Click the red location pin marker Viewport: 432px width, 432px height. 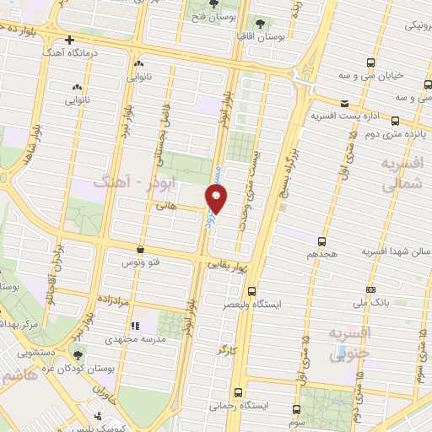click(x=218, y=199)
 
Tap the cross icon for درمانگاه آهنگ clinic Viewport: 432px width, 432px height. click(x=70, y=40)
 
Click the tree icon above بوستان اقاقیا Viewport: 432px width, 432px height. click(x=259, y=24)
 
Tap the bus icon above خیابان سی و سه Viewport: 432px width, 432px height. click(x=371, y=63)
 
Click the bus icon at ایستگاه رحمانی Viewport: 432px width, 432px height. click(x=239, y=391)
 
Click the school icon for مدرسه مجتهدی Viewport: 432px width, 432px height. click(x=132, y=325)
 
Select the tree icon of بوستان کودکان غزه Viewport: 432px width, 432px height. click(x=78, y=358)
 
